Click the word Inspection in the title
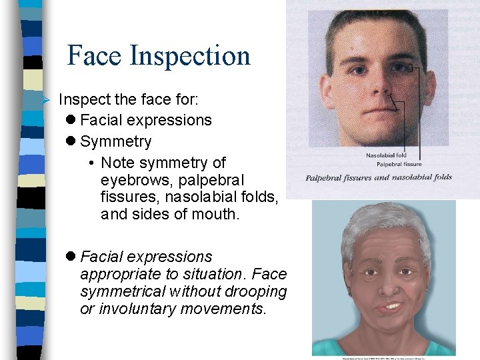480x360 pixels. click(x=190, y=57)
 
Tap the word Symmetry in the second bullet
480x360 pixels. click(x=115, y=141)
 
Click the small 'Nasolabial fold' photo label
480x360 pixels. click(x=387, y=156)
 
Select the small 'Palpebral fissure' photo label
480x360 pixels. click(x=399, y=164)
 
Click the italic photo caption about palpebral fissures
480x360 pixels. click(x=379, y=177)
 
